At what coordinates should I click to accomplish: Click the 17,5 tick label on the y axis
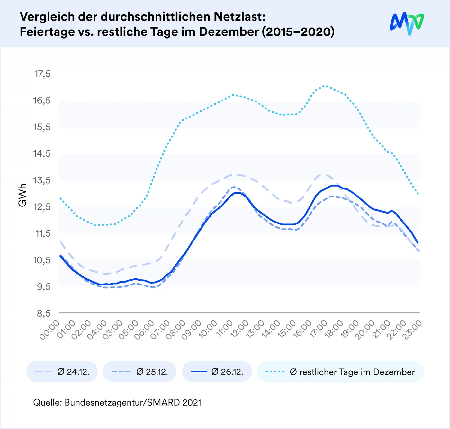point(42,74)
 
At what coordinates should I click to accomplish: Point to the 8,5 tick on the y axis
point(44,313)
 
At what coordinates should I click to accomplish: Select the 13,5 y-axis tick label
point(42,180)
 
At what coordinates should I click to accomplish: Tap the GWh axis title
point(22,195)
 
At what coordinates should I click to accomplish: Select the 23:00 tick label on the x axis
point(413,330)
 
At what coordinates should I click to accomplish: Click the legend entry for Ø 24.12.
point(62,372)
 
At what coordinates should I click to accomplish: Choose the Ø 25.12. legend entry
point(140,372)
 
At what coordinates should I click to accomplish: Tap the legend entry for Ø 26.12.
point(217,372)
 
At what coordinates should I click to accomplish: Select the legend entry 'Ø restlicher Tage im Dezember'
point(340,372)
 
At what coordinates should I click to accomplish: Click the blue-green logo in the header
point(407,23)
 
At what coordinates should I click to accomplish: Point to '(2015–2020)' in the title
point(298,32)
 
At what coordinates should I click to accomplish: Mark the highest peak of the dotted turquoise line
point(325,86)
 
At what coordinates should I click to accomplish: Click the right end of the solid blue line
point(418,243)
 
